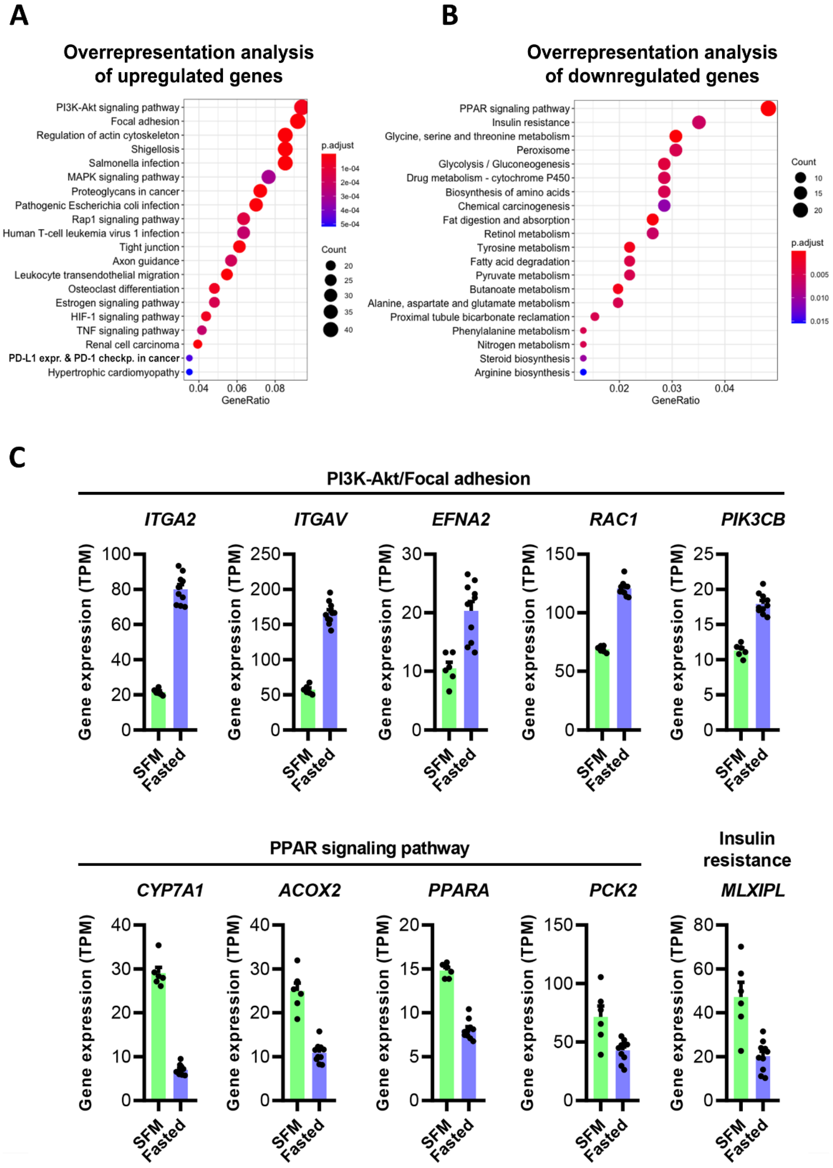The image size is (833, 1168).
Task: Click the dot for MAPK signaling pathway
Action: coord(268,177)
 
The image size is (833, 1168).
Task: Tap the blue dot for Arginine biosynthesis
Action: coord(583,372)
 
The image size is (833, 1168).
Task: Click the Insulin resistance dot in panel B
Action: coord(699,122)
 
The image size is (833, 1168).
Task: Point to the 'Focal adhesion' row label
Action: coord(145,122)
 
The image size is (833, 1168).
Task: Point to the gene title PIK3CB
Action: coord(752,519)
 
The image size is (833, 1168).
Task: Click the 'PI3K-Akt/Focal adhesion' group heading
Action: coord(428,479)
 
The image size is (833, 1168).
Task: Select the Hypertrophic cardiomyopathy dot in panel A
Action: coord(189,372)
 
